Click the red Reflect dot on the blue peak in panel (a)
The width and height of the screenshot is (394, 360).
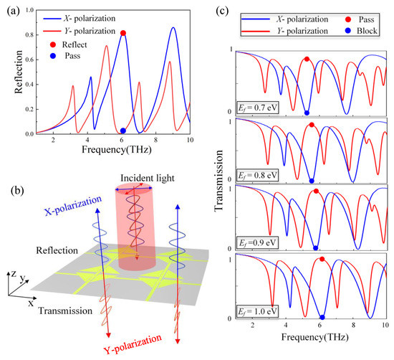[123, 33]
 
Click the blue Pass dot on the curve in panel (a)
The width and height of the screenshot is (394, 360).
[123, 131]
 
